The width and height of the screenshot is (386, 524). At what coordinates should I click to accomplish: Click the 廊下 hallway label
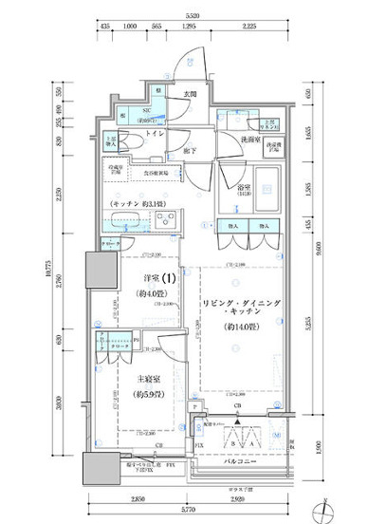pos(191,150)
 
